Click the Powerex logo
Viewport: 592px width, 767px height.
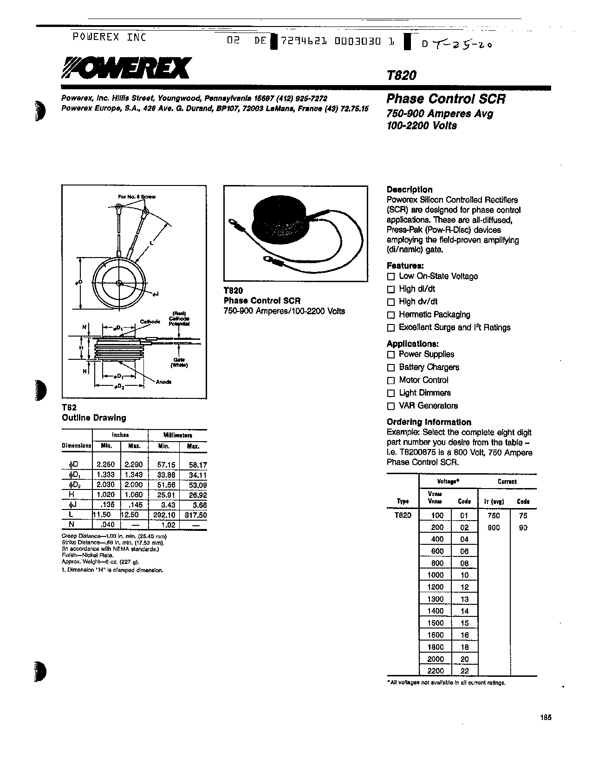tap(126, 68)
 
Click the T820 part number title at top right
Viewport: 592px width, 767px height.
tap(401, 75)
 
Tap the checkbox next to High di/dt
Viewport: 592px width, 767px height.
tap(390, 289)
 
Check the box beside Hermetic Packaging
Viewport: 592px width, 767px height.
tap(390, 315)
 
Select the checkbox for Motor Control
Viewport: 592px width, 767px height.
tap(390, 380)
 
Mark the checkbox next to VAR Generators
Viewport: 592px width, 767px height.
tap(390, 406)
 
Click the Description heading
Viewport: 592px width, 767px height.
tap(409, 190)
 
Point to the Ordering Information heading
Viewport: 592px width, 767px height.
tap(429, 422)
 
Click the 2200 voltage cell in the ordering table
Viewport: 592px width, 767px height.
tap(436, 671)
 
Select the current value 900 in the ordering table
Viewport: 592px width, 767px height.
tap(494, 528)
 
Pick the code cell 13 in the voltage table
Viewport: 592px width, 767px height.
tap(464, 599)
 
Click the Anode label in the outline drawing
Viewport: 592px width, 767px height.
tap(163, 382)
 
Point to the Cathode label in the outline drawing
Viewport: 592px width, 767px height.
tap(150, 322)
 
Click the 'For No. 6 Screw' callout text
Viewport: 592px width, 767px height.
tap(137, 197)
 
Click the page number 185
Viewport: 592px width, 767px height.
tap(546, 718)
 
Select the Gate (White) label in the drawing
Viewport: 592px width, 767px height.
tap(179, 362)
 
